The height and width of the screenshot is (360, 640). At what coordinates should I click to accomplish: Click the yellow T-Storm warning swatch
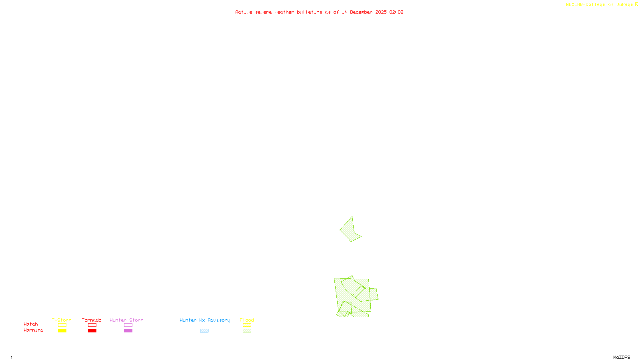(62, 331)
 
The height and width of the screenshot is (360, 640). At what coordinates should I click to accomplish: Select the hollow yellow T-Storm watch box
(62, 325)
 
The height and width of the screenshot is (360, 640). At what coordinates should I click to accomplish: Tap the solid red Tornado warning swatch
(92, 331)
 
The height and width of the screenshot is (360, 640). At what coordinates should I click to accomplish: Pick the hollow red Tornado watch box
(92, 325)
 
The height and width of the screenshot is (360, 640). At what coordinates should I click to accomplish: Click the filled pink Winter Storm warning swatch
(128, 331)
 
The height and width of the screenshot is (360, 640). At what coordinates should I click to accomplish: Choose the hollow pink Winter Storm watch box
(128, 325)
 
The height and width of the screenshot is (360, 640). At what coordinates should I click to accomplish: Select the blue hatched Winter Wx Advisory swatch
(204, 331)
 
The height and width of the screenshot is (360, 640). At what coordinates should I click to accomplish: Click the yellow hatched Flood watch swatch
(247, 325)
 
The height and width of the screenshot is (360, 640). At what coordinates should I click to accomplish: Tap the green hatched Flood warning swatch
(247, 331)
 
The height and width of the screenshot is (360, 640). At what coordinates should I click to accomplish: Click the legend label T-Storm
(62, 320)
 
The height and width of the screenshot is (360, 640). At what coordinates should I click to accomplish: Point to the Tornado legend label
(92, 320)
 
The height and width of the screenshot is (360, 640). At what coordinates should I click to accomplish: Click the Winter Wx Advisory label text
(205, 320)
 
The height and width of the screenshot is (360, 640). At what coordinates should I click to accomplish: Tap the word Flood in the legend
(247, 320)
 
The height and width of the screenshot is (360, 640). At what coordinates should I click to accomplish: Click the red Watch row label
(31, 324)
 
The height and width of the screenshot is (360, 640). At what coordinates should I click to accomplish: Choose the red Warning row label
(33, 330)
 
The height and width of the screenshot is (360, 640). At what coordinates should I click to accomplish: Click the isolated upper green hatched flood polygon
(349, 231)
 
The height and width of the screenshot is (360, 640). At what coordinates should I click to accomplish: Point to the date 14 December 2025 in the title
(364, 12)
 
